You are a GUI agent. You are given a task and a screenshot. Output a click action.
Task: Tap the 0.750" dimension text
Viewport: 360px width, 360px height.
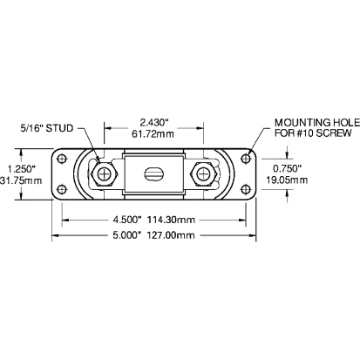pos(287,168)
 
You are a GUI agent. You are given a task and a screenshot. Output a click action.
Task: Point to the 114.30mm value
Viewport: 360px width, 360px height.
pos(173,220)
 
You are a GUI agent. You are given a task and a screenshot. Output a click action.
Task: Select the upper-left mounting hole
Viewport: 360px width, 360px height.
pos(63,159)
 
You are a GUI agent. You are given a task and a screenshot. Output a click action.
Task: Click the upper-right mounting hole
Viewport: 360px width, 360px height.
pos(248,159)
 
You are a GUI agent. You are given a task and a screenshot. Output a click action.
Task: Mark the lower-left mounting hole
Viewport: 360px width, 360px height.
pos(63,188)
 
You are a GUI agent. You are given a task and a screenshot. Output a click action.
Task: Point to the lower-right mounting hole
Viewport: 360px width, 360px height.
pos(248,188)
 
